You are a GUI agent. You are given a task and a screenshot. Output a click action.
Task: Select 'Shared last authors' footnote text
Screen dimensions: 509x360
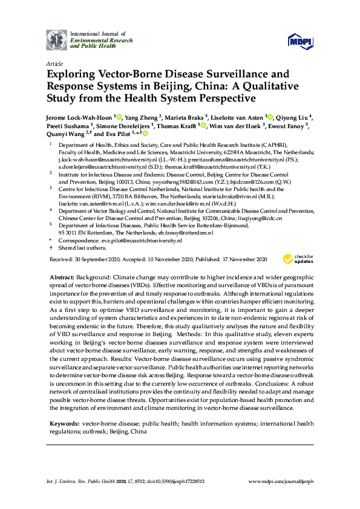tap(79, 248)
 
